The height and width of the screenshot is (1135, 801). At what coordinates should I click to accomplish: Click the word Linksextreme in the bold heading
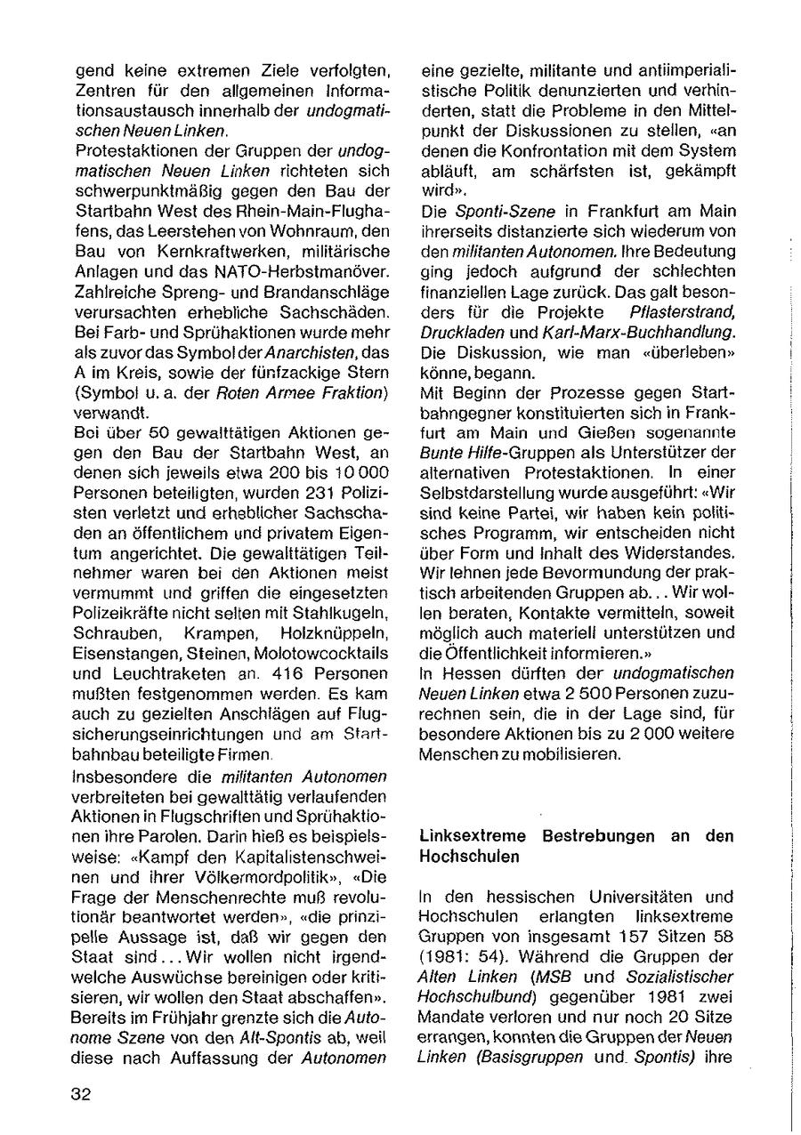pos(464,837)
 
